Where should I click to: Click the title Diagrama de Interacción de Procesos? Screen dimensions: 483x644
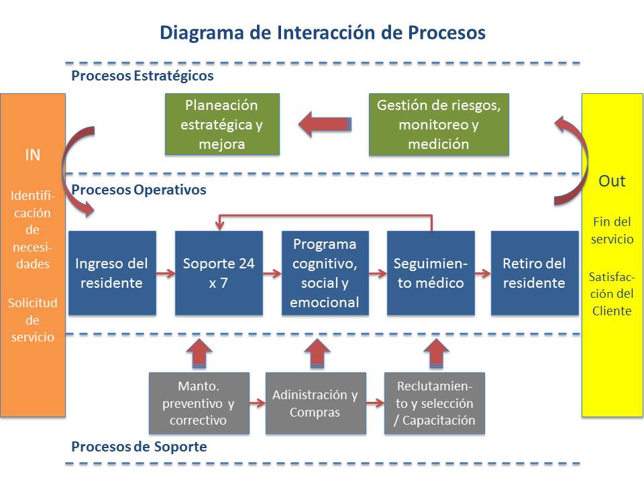click(x=322, y=33)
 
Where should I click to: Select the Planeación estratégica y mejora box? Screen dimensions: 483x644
click(x=222, y=125)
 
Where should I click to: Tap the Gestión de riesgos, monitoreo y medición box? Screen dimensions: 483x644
click(x=439, y=125)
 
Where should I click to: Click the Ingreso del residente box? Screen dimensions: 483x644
click(x=112, y=273)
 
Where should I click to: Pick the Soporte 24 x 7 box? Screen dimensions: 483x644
click(x=219, y=273)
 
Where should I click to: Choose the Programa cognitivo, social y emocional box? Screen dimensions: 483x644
click(x=325, y=273)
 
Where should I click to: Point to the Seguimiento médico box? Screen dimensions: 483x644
click(x=431, y=273)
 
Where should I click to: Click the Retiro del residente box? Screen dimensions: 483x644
click(x=534, y=273)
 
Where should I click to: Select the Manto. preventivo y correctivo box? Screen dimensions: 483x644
click(x=199, y=403)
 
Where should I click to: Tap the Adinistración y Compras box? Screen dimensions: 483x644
click(x=315, y=403)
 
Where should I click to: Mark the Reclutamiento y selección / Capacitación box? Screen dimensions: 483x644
click(x=434, y=403)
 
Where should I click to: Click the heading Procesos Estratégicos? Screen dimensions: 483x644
click(x=142, y=76)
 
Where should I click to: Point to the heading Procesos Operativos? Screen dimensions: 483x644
click(x=139, y=190)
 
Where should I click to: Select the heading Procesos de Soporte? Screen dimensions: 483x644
click(x=139, y=446)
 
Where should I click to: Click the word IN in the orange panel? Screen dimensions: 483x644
click(x=33, y=155)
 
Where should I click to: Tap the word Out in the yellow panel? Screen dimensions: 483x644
click(x=612, y=181)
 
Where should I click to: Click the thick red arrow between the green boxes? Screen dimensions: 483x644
click(x=325, y=124)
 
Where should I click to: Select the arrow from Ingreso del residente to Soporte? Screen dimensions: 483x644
click(x=166, y=274)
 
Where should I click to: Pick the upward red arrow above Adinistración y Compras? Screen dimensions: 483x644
click(x=317, y=353)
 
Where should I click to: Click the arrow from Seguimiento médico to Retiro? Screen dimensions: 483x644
click(x=483, y=274)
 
